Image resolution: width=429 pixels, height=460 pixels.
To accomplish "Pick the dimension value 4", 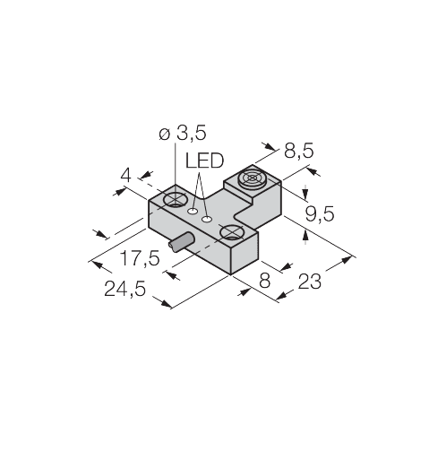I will click(126, 178).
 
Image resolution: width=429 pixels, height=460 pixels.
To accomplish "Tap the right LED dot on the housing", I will click(209, 218).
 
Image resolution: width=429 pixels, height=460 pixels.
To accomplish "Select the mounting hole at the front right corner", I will click(233, 235).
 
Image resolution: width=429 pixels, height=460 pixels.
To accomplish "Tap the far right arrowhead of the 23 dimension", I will click(354, 258).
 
